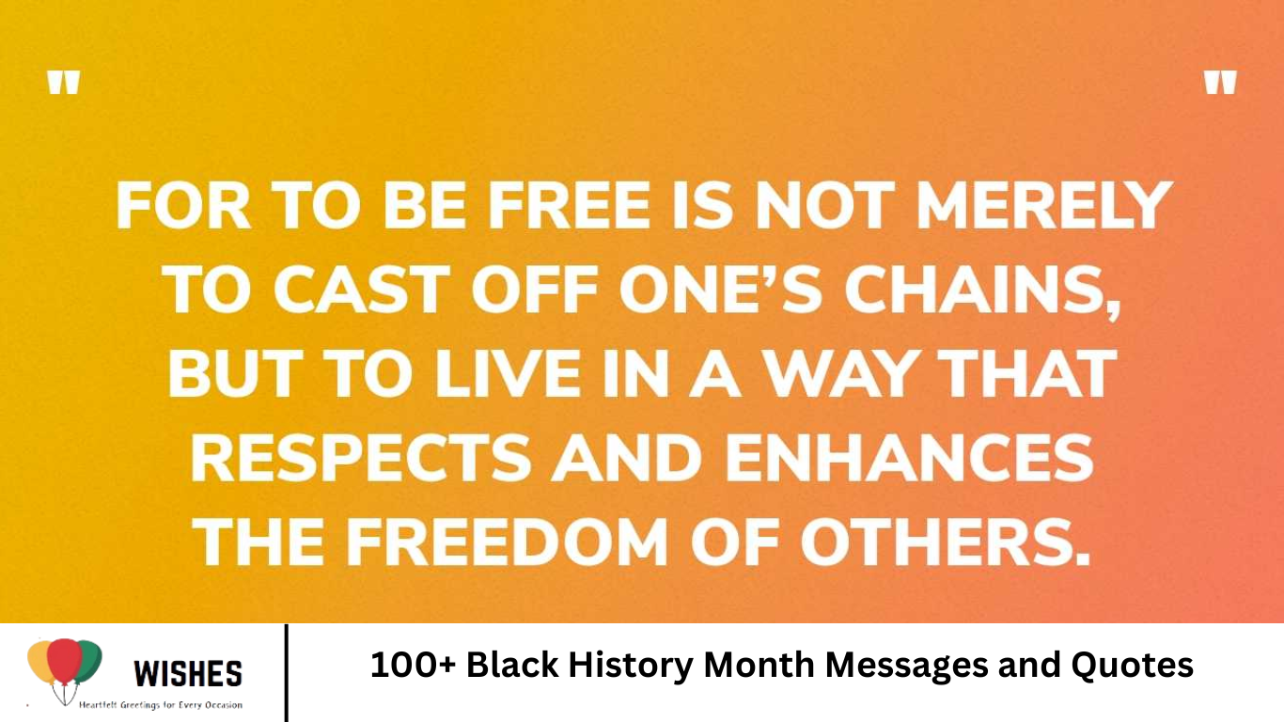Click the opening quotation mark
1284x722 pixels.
(x=64, y=85)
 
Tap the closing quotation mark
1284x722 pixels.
(x=1220, y=85)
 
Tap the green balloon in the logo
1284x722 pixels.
(x=88, y=660)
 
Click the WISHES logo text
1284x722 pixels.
(x=188, y=673)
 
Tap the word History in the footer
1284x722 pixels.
(x=629, y=666)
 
